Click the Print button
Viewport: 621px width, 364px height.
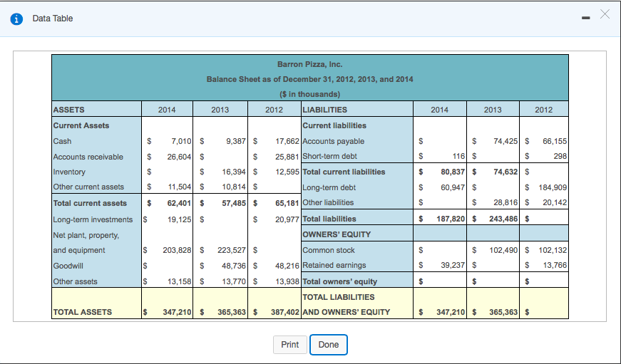pyautogui.click(x=289, y=345)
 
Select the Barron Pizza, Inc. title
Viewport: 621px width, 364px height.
pyautogui.click(x=309, y=64)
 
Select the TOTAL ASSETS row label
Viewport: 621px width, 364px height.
pyautogui.click(x=83, y=312)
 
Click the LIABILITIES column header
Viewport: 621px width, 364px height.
pyautogui.click(x=325, y=110)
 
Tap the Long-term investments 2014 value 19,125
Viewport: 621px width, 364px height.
pyautogui.click(x=175, y=219)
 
